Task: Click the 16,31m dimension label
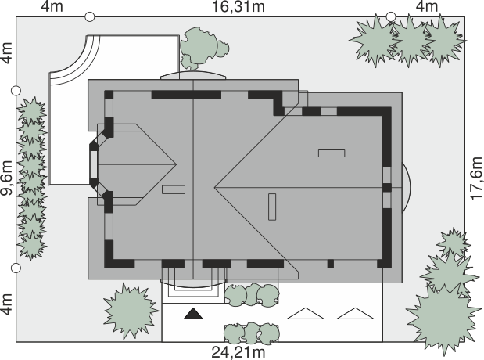[x=238, y=6]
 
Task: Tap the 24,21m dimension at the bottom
[x=238, y=352]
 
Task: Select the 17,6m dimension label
[x=477, y=178]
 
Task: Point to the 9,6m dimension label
[x=6, y=178]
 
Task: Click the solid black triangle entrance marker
[x=193, y=314]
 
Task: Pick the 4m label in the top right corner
[x=427, y=6]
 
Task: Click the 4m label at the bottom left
[x=6, y=304]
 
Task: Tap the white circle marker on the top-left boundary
[x=89, y=16]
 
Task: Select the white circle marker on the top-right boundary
[x=391, y=16]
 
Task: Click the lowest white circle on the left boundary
[x=16, y=268]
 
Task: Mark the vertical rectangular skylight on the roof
[x=272, y=207]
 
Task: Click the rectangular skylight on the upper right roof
[x=332, y=153]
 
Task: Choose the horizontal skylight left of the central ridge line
[x=174, y=189]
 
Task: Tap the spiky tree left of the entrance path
[x=131, y=311]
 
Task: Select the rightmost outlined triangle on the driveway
[x=355, y=314]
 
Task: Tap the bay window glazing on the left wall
[x=94, y=164]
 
